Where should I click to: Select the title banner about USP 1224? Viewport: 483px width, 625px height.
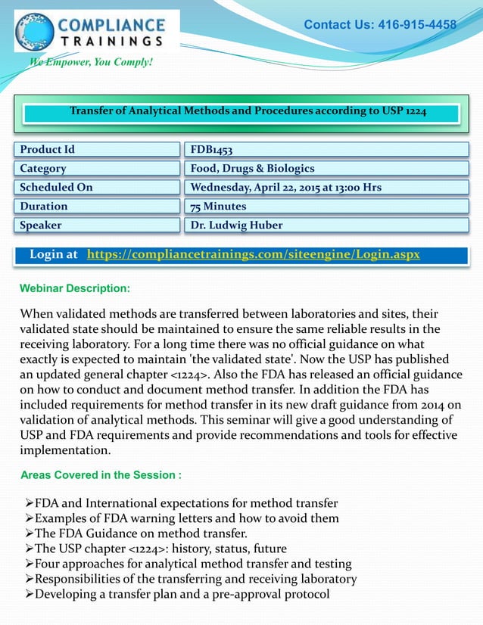click(x=248, y=112)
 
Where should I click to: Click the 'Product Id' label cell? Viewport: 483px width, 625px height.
click(x=96, y=149)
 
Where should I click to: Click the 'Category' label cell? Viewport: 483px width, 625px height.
click(x=96, y=168)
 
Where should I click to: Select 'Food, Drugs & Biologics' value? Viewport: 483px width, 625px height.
click(x=252, y=168)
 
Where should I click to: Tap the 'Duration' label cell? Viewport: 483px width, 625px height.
click(x=96, y=206)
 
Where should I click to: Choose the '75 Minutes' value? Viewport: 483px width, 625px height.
click(x=218, y=206)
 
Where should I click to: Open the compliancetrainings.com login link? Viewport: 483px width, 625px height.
click(x=254, y=255)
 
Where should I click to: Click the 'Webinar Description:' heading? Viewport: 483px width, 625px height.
click(x=75, y=288)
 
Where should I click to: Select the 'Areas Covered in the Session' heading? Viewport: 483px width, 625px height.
click(x=101, y=475)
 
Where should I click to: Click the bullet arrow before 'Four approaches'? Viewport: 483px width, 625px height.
click(x=29, y=564)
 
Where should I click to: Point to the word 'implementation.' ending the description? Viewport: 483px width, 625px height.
click(x=65, y=450)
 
